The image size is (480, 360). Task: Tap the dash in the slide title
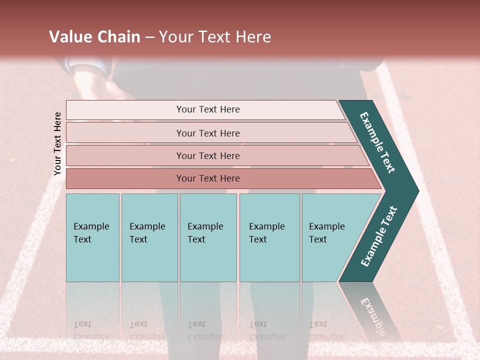[x=149, y=37]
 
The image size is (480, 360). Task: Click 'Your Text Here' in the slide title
[x=215, y=37]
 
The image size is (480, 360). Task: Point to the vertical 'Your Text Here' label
[x=57, y=143]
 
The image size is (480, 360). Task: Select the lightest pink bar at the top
[x=208, y=109]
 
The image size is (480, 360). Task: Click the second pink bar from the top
[x=208, y=133]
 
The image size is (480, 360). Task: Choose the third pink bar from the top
[x=208, y=155]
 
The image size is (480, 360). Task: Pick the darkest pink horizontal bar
[x=208, y=178]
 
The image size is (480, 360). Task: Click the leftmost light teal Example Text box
[x=92, y=237]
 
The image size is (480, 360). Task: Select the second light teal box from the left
[x=149, y=237]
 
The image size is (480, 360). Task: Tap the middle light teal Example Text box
[x=208, y=237]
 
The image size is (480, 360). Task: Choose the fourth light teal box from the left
[x=269, y=237]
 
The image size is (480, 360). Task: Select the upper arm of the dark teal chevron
[x=378, y=142]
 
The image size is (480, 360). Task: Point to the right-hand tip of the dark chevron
[x=416, y=190]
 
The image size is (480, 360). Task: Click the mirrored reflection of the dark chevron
[x=372, y=310]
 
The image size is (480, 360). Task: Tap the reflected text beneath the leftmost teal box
[x=91, y=330]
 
